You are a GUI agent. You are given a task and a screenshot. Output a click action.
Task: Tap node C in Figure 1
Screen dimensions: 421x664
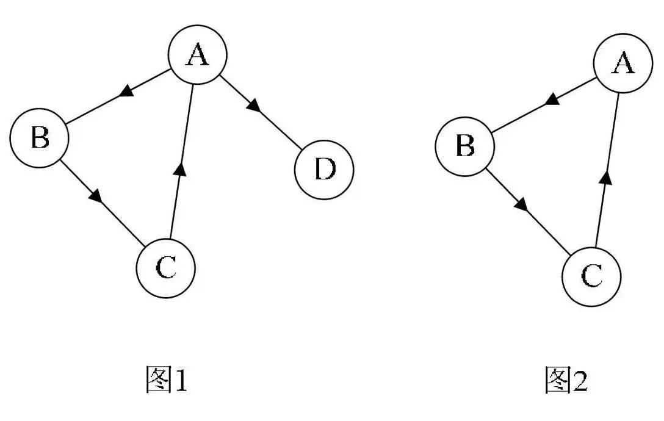pyautogui.click(x=165, y=268)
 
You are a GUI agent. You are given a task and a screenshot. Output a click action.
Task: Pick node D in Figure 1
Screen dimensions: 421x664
pyautogui.click(x=324, y=170)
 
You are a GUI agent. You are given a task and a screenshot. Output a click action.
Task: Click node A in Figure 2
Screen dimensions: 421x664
pyautogui.click(x=622, y=63)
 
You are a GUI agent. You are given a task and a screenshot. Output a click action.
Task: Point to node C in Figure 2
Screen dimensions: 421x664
pyautogui.click(x=591, y=276)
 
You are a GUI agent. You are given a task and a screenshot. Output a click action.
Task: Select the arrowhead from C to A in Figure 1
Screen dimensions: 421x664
pyautogui.click(x=179, y=166)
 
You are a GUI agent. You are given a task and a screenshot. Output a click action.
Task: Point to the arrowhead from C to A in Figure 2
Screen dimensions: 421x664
pyautogui.click(x=605, y=176)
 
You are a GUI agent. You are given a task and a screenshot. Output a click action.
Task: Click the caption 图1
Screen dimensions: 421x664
pyautogui.click(x=165, y=380)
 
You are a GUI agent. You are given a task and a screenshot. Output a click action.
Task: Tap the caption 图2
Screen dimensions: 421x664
pyautogui.click(x=566, y=380)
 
